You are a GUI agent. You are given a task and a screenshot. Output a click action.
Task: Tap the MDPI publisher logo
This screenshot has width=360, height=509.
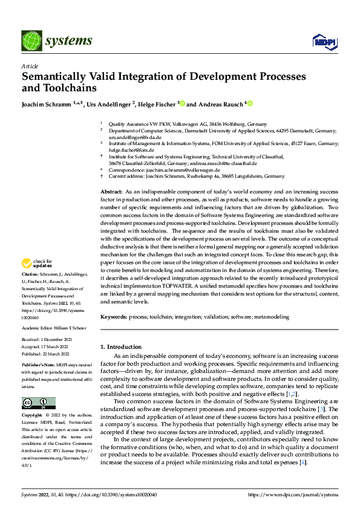coord(323,41)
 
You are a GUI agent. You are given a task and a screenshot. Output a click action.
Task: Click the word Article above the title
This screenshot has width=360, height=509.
coord(30,66)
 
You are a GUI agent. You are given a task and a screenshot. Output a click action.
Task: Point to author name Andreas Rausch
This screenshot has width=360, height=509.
coord(218,105)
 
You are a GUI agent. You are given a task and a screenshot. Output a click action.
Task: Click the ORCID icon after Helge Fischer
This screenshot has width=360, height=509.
coord(182,104)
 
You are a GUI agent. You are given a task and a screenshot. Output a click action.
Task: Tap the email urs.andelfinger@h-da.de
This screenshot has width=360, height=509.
coord(136,137)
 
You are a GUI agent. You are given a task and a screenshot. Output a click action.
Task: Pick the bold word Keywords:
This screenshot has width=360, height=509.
coord(114,317)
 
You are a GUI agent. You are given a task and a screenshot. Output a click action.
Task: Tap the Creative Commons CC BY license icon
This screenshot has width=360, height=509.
coord(38,403)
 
